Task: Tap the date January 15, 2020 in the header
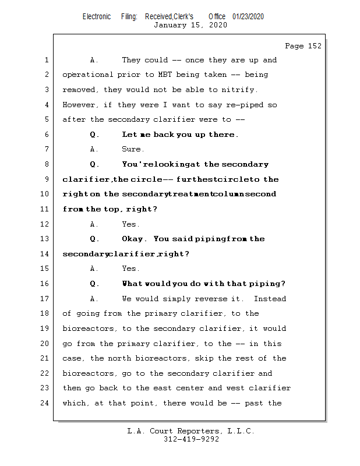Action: pos(190,25)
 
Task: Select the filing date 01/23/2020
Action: pos(248,16)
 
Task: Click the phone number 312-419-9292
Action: pos(191,439)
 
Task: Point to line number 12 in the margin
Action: pos(46,224)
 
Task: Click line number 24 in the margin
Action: pos(46,403)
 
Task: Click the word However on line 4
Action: pos(80,105)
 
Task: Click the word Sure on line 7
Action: pos(132,150)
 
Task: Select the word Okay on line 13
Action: pos(133,239)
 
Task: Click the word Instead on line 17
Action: pos(270,299)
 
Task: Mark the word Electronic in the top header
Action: pos(97,16)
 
